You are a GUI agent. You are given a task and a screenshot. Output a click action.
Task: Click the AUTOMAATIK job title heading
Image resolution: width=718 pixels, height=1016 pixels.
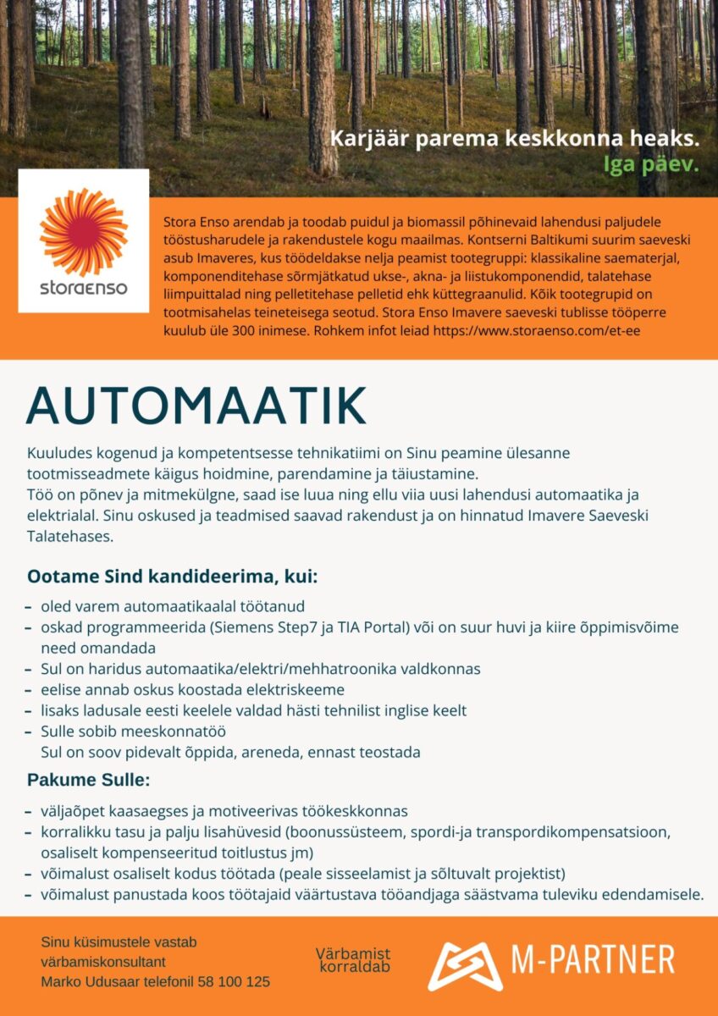point(196,406)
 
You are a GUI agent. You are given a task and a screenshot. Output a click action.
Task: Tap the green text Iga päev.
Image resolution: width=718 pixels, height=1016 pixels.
point(650,163)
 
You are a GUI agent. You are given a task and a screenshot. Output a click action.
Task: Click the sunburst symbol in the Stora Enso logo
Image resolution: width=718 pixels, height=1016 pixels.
point(83,231)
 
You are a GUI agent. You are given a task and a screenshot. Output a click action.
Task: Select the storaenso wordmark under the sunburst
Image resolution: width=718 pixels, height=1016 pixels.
point(83,288)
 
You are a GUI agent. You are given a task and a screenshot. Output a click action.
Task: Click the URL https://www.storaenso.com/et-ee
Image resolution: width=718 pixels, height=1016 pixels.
point(536,330)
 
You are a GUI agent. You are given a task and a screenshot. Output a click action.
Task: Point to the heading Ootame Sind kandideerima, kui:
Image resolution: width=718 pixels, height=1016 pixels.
point(172,577)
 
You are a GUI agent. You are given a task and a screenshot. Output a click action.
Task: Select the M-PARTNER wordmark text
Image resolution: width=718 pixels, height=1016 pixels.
point(593,960)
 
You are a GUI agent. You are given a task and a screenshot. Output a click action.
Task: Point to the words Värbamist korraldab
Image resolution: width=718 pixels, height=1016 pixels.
point(354,960)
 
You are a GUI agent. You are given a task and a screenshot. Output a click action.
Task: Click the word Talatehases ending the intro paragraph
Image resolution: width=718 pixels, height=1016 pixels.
point(70,536)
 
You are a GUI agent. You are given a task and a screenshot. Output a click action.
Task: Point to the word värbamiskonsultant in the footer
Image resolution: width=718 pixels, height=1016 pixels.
point(102,962)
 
